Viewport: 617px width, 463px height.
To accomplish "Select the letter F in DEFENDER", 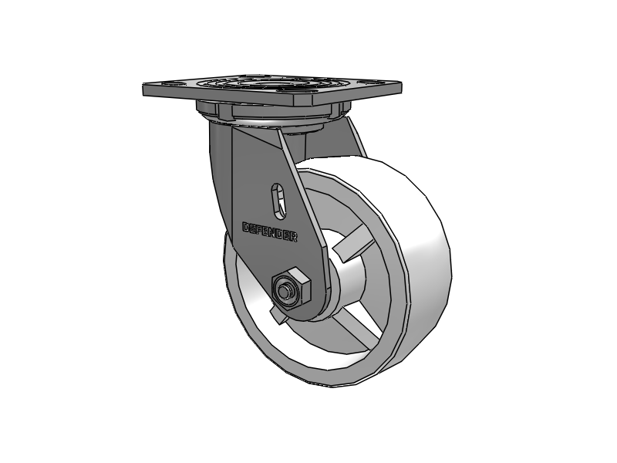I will click(260, 229).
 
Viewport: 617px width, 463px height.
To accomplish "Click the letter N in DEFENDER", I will click(274, 233).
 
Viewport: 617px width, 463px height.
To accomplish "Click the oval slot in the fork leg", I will click(279, 201).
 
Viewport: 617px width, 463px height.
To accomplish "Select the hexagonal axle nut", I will click(291, 288).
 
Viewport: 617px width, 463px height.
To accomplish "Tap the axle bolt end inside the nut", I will click(286, 291).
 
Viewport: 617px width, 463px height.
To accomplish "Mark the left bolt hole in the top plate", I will click(171, 86).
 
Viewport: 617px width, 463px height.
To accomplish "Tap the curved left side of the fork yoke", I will click(221, 170).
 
